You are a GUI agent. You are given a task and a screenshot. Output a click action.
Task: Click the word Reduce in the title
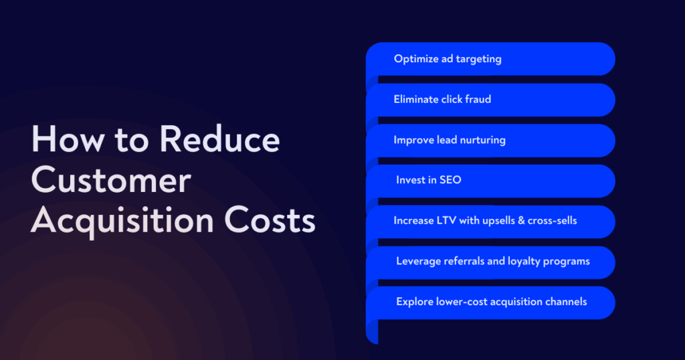219,139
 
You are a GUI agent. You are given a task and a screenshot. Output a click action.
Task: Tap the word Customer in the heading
111,179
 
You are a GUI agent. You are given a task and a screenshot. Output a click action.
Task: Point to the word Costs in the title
270,220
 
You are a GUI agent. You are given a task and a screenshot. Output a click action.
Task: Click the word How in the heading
68,139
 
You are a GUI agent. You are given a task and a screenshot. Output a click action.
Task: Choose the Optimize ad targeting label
448,59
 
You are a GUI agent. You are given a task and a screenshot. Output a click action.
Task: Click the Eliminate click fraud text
442,99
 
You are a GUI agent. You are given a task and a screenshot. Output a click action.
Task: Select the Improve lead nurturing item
450,140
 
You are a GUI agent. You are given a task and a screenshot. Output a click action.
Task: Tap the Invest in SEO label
429,180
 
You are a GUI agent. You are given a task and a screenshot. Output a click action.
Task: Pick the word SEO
450,180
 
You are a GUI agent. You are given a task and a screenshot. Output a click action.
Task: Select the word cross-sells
552,221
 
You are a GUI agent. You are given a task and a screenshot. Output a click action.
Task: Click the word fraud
478,99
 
